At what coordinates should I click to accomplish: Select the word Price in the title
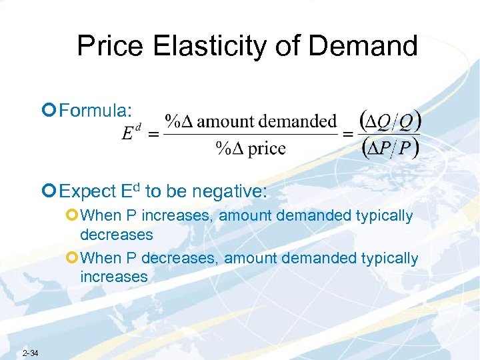coord(109,45)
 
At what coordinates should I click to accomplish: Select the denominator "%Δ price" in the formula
coord(251,148)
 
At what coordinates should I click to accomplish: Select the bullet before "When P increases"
coord(71,216)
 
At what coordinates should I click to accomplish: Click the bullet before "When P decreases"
coord(71,258)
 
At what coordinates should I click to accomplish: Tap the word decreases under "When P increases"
coord(116,235)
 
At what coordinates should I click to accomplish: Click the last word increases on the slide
coord(113,277)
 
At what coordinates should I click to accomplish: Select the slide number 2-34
coord(31,352)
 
